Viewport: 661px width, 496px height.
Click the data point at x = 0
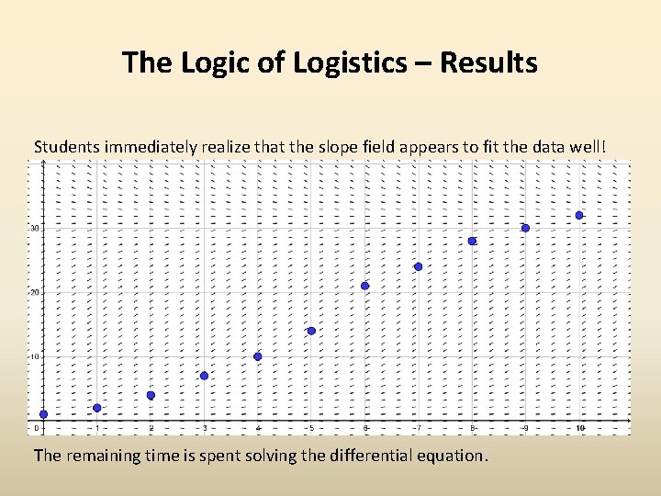[43, 414]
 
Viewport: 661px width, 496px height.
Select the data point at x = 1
[97, 408]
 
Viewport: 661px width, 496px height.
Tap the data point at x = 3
[204, 376]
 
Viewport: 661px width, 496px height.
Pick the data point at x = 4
[258, 356]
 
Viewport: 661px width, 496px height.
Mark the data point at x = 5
[311, 331]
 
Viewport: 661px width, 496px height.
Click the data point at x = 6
[364, 286]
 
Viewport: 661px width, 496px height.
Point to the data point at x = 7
[418, 266]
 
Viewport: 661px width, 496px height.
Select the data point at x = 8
[472, 241]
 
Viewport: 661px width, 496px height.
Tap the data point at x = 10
[579, 215]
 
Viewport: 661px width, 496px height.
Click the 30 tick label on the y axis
[34, 228]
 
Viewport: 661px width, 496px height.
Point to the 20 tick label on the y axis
[34, 292]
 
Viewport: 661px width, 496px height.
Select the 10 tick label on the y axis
[34, 356]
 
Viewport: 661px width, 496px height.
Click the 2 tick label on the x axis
[151, 429]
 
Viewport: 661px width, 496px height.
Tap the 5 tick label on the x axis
[311, 429]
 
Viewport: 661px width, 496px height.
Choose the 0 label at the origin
[37, 429]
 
